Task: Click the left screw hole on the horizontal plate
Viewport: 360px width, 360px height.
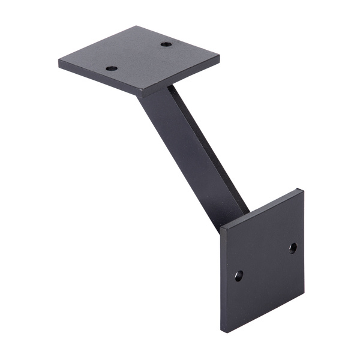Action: coord(112,68)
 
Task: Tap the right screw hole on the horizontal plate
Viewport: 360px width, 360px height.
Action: coord(166,44)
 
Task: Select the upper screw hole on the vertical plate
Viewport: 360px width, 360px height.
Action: coord(293,247)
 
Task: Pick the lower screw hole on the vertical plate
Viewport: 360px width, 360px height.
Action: coord(239,275)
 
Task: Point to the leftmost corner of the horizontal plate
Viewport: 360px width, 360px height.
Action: coord(59,61)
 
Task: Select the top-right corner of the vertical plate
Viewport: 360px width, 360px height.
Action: coord(302,191)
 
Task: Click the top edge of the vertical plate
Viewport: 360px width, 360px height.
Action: coord(261,208)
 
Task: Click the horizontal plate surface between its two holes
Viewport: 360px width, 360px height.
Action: coord(139,56)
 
